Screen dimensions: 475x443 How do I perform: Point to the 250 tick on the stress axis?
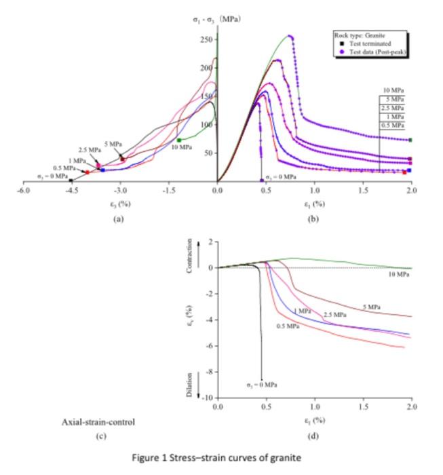point(204,39)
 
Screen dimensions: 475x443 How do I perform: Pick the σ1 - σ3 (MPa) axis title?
point(216,18)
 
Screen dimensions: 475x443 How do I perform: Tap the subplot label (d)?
point(314,435)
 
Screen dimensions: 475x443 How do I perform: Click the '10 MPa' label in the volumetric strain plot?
point(400,275)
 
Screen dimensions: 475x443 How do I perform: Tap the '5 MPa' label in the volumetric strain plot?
point(370,307)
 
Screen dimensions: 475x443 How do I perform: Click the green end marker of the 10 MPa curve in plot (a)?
point(178,140)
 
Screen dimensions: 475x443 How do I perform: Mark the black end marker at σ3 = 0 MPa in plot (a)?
point(71,181)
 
